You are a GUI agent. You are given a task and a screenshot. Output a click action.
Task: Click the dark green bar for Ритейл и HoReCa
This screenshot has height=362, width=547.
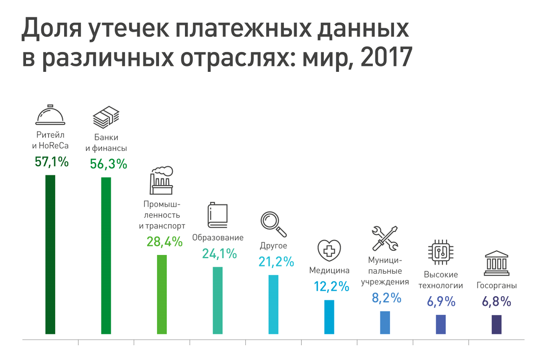(50, 254)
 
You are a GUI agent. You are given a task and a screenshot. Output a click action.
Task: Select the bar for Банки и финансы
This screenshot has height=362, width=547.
(106, 255)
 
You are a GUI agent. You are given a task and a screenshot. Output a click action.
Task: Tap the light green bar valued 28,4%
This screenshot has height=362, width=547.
(162, 294)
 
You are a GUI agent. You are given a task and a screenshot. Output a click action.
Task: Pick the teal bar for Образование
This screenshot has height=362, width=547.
(218, 300)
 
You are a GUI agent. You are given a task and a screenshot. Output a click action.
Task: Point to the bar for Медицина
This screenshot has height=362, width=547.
(329, 317)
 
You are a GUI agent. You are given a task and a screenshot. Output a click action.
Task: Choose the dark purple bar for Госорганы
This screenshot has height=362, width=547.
(497, 324)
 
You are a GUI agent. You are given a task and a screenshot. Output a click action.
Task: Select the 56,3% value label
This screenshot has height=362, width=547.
(108, 164)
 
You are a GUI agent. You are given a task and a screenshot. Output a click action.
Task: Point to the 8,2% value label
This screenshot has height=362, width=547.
(386, 298)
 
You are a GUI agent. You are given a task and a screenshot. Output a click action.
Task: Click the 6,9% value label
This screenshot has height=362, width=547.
(441, 301)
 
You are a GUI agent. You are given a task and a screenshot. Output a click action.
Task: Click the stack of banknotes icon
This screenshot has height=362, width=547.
(106, 118)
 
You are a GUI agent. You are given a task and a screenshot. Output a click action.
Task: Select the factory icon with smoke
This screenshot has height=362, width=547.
(162, 180)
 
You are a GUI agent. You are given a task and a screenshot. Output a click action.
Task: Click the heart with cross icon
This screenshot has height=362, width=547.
(329, 251)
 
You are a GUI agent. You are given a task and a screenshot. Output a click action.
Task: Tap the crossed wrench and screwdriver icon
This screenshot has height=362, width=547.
(385, 238)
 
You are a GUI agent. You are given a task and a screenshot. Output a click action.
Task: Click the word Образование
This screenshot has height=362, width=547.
(218, 238)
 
